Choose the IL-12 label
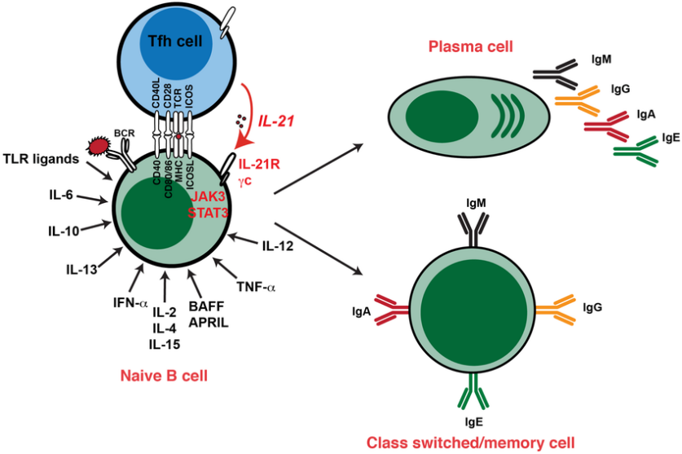pyautogui.click(x=278, y=244)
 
